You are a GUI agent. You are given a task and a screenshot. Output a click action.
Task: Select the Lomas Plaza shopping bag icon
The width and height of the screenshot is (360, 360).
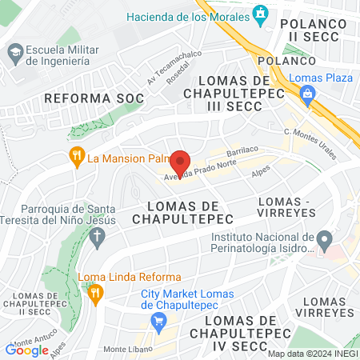point(306,94)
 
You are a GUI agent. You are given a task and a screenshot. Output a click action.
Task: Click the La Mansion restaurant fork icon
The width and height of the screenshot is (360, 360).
point(78,157)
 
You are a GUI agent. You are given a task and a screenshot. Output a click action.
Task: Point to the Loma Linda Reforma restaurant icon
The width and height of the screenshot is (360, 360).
point(96,294)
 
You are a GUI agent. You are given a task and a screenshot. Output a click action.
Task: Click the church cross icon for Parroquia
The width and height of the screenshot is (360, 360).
point(97,237)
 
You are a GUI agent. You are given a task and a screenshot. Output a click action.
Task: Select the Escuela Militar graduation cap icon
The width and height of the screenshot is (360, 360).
point(14,54)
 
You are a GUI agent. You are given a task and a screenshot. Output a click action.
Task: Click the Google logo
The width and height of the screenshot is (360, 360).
point(27,350)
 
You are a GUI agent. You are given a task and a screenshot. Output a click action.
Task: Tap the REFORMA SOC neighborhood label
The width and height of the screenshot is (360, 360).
point(94,98)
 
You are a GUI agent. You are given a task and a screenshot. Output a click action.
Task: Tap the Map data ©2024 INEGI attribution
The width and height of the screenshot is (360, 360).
point(312,354)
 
